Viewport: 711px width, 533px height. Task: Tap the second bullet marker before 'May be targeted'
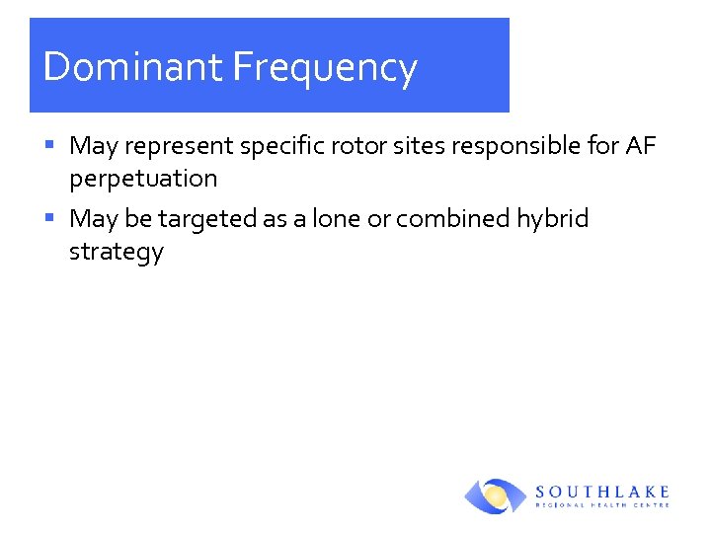click(50, 217)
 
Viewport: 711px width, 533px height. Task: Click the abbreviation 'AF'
click(641, 147)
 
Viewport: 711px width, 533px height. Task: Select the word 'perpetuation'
click(143, 179)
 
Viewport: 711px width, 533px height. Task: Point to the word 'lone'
click(336, 218)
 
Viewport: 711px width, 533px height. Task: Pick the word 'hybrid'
click(553, 218)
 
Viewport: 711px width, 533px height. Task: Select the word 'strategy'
click(116, 252)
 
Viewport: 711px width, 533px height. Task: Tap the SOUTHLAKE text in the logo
click(602, 491)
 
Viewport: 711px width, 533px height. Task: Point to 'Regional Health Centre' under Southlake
click(602, 504)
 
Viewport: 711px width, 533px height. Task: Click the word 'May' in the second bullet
click(94, 218)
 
